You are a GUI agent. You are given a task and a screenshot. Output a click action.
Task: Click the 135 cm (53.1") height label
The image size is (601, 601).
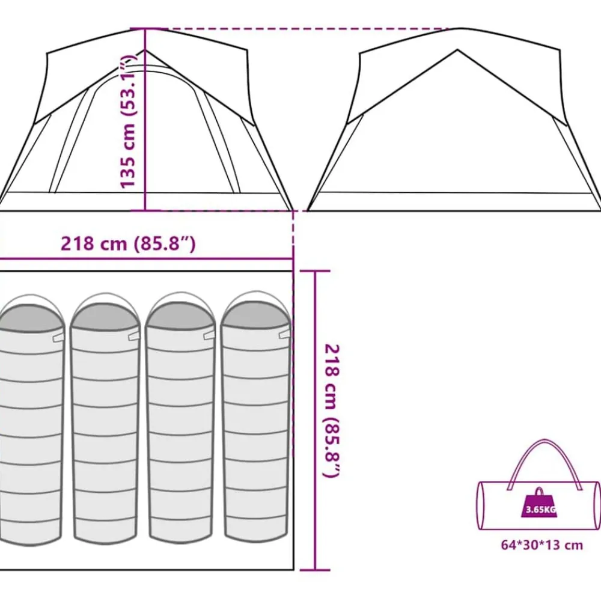coord(128,121)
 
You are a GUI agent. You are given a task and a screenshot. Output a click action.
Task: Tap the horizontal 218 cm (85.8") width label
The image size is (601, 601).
coord(128,243)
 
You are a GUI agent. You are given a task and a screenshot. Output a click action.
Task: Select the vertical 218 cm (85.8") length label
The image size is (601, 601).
coord(332,411)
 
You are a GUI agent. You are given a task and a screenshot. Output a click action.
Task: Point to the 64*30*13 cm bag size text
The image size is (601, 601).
coord(542,545)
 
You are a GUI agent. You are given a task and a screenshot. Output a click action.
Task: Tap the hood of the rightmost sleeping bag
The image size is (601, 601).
coord(255,313)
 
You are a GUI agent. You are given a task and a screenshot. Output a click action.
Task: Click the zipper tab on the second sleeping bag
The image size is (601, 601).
coord(134,336)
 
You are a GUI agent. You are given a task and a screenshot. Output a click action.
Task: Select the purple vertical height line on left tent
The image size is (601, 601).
coord(145,120)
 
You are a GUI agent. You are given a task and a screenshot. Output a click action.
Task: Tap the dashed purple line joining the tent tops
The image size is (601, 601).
coord(307,29)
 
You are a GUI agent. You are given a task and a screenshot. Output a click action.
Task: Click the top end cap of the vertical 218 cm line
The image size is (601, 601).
coord(315,272)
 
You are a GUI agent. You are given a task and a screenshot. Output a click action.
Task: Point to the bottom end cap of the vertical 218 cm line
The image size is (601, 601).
coord(315,570)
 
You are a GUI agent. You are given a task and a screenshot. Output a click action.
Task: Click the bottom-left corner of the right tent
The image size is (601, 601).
coord(308,210)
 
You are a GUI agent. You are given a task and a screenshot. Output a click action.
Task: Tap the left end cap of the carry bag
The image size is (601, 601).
coord(481,506)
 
